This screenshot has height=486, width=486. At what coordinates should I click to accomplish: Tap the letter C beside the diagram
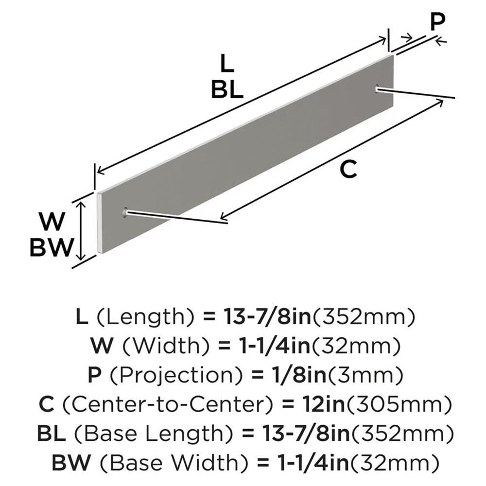(348, 169)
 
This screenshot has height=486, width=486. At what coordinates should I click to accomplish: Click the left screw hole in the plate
(126, 212)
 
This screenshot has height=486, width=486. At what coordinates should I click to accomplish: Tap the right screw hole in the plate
(378, 87)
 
